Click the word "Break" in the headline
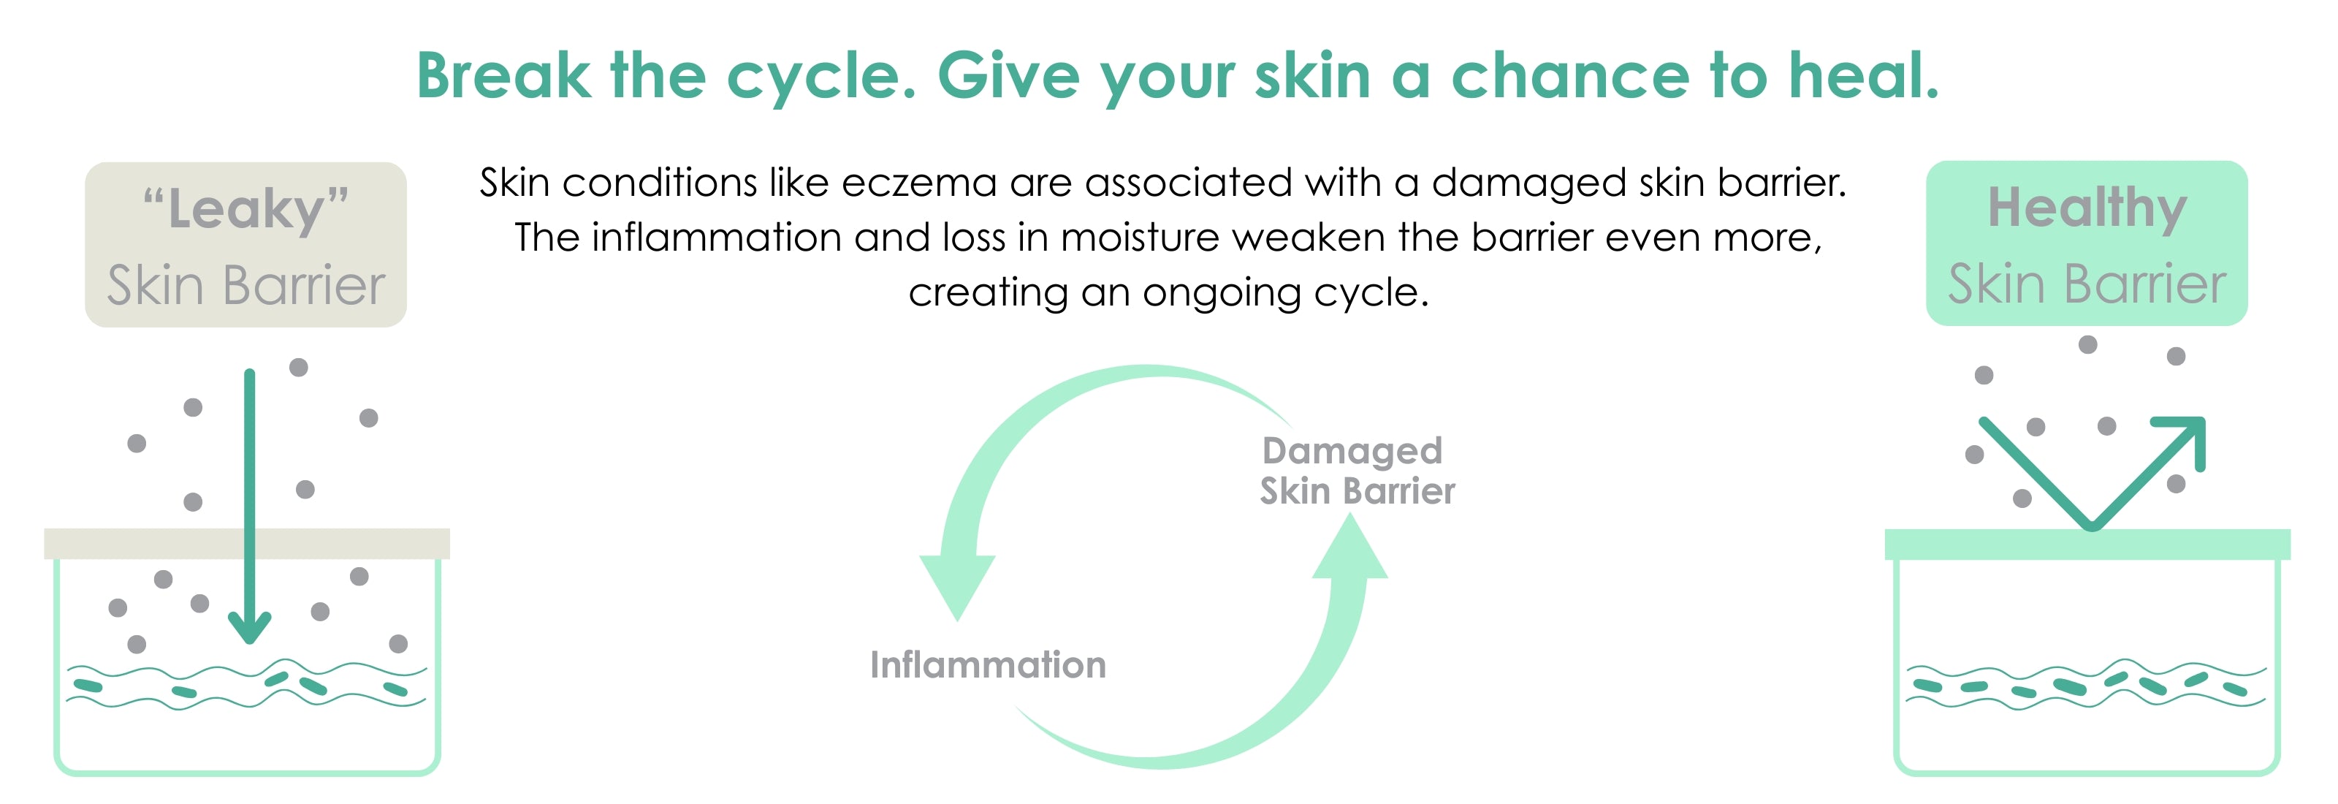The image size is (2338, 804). (503, 75)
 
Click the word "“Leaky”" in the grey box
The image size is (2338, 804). (246, 210)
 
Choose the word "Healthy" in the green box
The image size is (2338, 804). (2087, 209)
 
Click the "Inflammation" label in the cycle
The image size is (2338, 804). (989, 665)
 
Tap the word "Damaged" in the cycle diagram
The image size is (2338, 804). (1352, 451)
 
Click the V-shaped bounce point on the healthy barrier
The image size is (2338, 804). (2091, 527)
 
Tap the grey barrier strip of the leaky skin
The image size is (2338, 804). (247, 544)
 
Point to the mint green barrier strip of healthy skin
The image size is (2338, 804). (2087, 545)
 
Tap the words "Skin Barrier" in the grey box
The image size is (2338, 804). (246, 286)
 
